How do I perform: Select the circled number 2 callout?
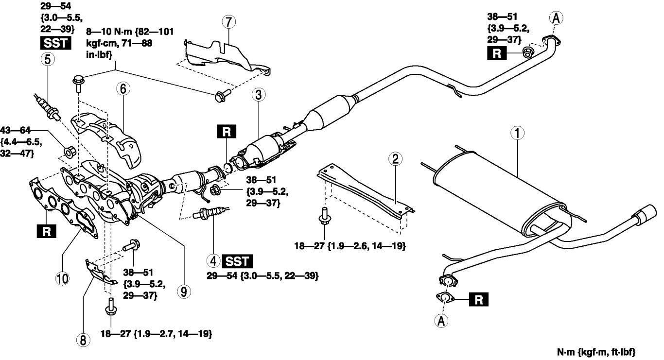[395, 159]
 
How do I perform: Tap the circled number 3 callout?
[258, 96]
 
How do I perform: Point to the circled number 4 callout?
[213, 261]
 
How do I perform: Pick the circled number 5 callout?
[48, 58]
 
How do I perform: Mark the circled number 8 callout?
[84, 341]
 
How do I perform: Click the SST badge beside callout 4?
[237, 261]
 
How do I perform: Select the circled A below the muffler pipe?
[442, 321]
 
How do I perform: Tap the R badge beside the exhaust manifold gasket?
[46, 232]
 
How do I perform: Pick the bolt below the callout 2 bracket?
[322, 217]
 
